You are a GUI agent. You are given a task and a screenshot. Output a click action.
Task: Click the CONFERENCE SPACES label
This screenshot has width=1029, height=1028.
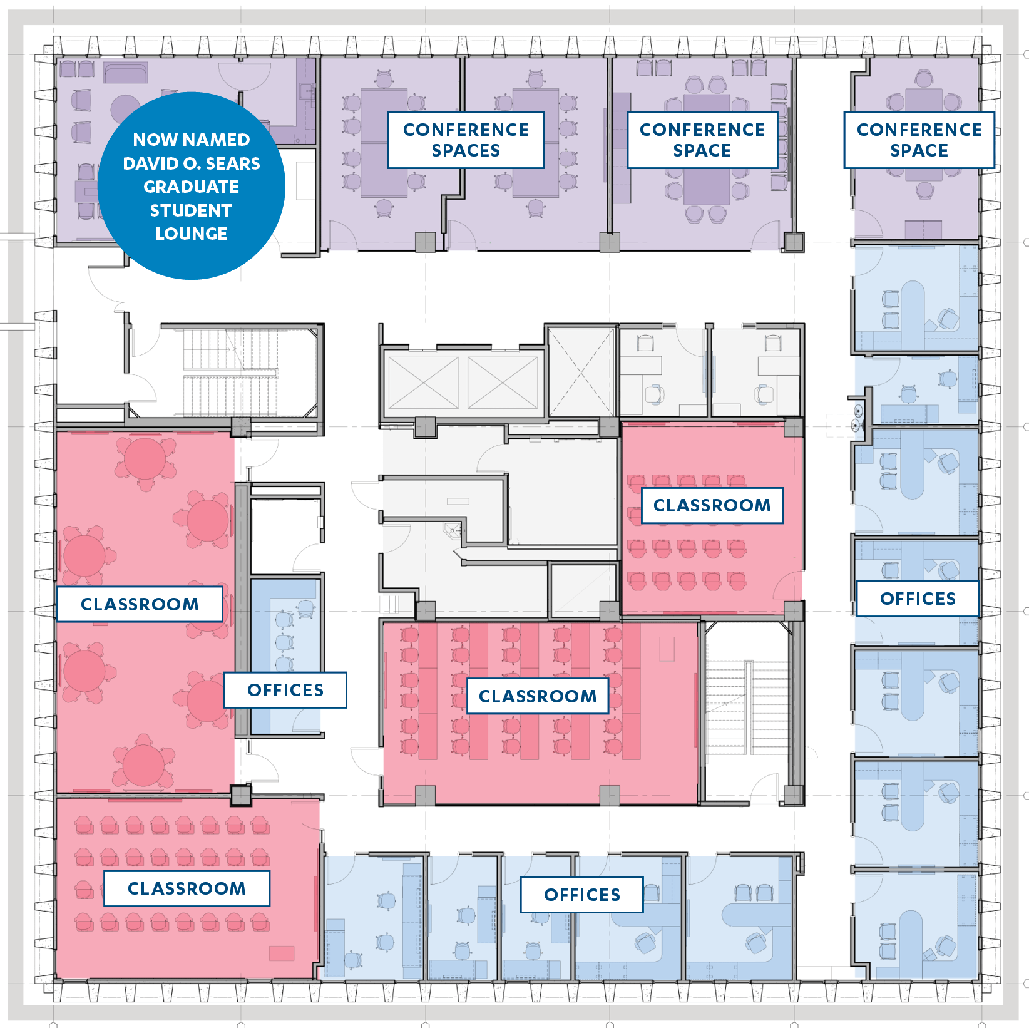pyautogui.click(x=466, y=140)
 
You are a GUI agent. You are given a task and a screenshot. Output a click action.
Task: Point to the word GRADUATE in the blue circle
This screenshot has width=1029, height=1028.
pyautogui.click(x=191, y=187)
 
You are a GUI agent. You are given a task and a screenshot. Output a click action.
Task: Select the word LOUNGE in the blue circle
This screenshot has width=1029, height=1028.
pyautogui.click(x=191, y=234)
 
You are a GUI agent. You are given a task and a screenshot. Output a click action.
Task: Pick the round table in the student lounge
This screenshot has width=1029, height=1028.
pyautogui.click(x=125, y=109)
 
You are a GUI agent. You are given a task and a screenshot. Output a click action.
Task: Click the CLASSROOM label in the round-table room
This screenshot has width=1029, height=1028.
pyautogui.click(x=140, y=604)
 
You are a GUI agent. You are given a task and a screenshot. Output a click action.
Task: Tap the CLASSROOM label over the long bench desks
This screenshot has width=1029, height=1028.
pyautogui.click(x=538, y=696)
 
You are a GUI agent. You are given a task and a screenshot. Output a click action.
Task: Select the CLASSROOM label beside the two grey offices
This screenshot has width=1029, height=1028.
pyautogui.click(x=712, y=505)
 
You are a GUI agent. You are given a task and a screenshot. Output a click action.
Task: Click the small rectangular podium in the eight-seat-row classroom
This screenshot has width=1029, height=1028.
pyautogui.click(x=282, y=953)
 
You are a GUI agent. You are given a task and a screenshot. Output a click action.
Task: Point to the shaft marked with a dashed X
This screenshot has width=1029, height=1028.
pyautogui.click(x=582, y=372)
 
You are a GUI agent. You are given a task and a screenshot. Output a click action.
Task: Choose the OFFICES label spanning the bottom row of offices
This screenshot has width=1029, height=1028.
pyautogui.click(x=582, y=895)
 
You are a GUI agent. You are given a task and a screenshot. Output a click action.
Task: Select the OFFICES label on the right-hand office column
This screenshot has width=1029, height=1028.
pyautogui.click(x=918, y=599)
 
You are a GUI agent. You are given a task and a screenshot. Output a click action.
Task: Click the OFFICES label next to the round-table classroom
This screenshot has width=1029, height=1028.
pyautogui.click(x=285, y=690)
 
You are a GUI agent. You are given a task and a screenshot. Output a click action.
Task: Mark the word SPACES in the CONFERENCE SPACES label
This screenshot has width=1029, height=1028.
pyautogui.click(x=466, y=150)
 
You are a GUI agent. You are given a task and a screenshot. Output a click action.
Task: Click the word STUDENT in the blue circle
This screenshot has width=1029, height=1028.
pyautogui.click(x=191, y=210)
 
